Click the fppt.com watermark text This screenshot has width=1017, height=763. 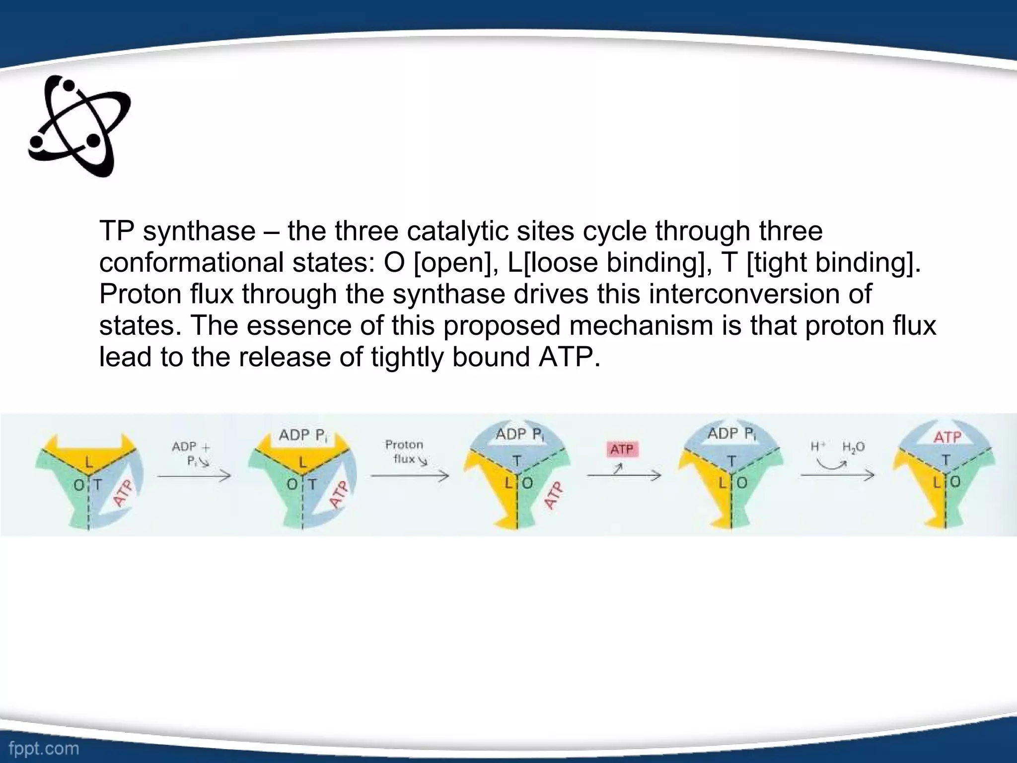click(40, 748)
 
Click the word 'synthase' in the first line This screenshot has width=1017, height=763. click(199, 231)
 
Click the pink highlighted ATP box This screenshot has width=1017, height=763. click(622, 450)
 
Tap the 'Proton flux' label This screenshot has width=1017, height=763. click(404, 452)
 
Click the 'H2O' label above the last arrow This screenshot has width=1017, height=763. click(853, 447)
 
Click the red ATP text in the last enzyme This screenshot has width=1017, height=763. click(947, 437)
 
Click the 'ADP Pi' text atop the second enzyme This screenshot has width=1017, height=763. click(303, 436)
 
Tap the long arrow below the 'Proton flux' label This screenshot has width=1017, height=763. click(409, 476)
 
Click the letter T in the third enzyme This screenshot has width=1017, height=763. click(516, 461)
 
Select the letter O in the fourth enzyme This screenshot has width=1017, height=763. click(741, 482)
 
